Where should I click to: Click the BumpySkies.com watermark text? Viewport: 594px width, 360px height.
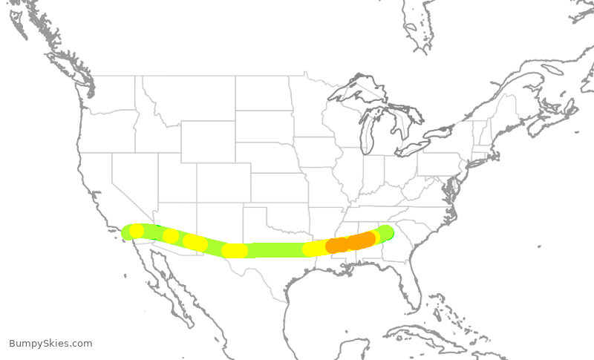[x=50, y=344]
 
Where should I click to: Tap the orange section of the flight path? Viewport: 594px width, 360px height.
[x=352, y=242]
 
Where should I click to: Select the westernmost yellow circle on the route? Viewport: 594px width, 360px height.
[x=137, y=231]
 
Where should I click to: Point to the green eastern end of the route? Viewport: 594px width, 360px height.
[x=385, y=232]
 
